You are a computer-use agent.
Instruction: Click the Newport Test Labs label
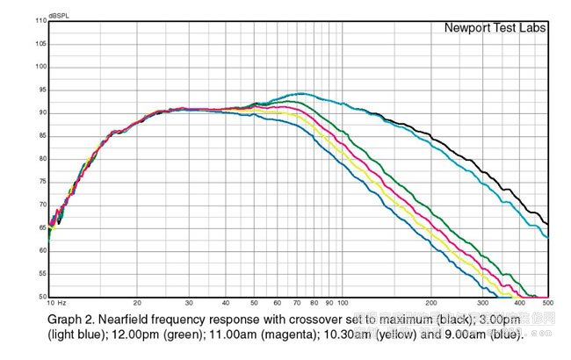click(x=495, y=28)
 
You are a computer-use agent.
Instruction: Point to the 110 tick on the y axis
click(x=41, y=20)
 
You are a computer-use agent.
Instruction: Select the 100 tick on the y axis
click(x=41, y=67)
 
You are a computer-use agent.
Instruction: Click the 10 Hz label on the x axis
click(x=59, y=303)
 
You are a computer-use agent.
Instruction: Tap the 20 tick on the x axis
click(x=137, y=303)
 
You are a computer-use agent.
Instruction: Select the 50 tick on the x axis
click(x=254, y=303)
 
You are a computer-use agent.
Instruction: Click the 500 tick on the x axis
click(x=546, y=303)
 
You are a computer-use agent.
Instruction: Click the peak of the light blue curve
click(x=300, y=93)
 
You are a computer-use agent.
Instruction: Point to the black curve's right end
click(x=548, y=224)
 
